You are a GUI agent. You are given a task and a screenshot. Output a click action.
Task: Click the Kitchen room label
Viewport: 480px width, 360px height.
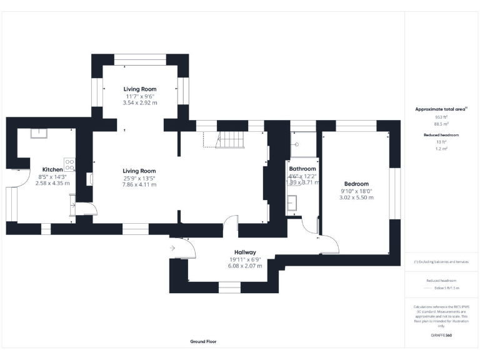click(x=52, y=169)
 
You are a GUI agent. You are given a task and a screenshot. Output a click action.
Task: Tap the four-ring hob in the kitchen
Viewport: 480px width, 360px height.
click(x=70, y=166)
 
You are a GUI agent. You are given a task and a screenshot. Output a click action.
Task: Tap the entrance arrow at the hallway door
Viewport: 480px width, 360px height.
click(x=172, y=249)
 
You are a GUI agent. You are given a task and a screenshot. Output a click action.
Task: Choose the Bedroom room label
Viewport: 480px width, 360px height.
click(x=356, y=184)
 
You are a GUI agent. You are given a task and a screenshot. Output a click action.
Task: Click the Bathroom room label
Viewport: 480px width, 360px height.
click(x=302, y=169)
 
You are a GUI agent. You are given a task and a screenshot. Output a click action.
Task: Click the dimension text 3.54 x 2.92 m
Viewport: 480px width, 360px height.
click(x=140, y=102)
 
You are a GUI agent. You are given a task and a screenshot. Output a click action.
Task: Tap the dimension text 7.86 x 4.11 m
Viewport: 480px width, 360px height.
click(x=139, y=184)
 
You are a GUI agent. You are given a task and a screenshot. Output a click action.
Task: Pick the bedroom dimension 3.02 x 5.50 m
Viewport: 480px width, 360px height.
click(x=357, y=197)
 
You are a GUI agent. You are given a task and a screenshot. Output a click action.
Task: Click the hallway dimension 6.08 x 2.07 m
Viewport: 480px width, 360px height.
click(x=245, y=266)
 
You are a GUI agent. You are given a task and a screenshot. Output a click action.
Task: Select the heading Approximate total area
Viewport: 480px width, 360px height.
click(x=441, y=109)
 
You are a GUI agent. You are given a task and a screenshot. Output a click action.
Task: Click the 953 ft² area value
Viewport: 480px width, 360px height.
click(x=441, y=117)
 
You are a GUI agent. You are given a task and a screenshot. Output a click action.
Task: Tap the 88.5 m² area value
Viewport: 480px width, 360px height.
click(x=441, y=124)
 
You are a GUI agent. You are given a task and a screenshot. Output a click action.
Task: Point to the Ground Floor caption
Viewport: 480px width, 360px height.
click(x=203, y=342)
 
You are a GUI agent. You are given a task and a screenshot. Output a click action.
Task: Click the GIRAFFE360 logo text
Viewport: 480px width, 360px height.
click(x=441, y=336)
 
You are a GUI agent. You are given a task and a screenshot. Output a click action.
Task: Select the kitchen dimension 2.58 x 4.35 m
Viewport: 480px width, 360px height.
click(x=52, y=183)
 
